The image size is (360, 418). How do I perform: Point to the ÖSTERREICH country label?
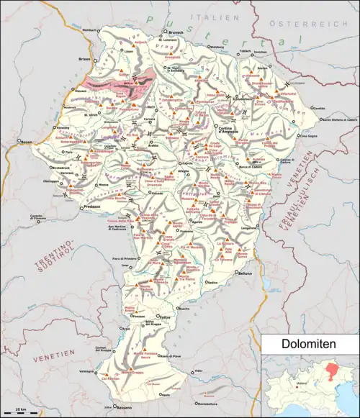tap(297, 23)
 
